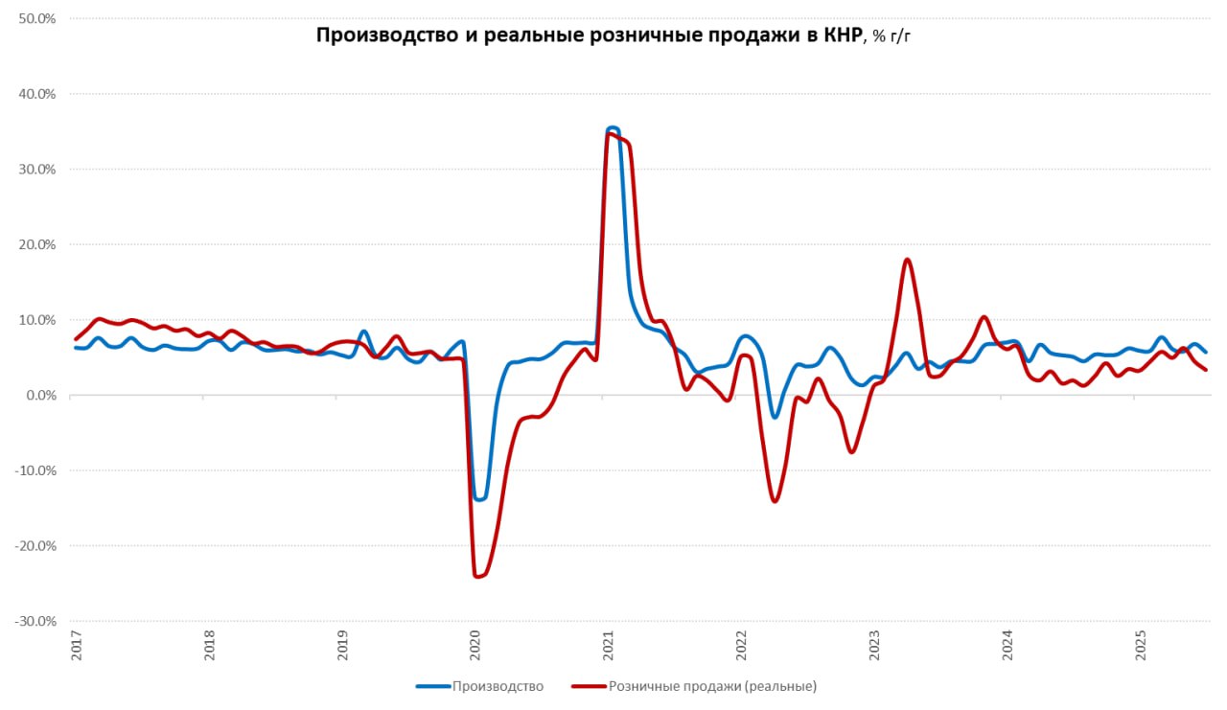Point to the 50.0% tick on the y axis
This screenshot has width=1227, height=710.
[x=36, y=19]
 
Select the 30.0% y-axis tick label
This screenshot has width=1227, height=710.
[x=36, y=170]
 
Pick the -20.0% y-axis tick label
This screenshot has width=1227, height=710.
[x=35, y=546]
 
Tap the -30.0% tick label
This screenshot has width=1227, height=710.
[x=35, y=621]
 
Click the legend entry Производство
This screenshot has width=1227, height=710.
[x=498, y=686]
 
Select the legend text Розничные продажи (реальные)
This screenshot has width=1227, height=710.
[x=712, y=686]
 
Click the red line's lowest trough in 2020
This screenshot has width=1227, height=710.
[x=477, y=576]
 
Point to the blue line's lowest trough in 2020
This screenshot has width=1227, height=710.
[x=478, y=499]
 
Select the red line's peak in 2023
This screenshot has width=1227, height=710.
[x=907, y=260]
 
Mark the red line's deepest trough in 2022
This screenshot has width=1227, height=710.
[x=775, y=501]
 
